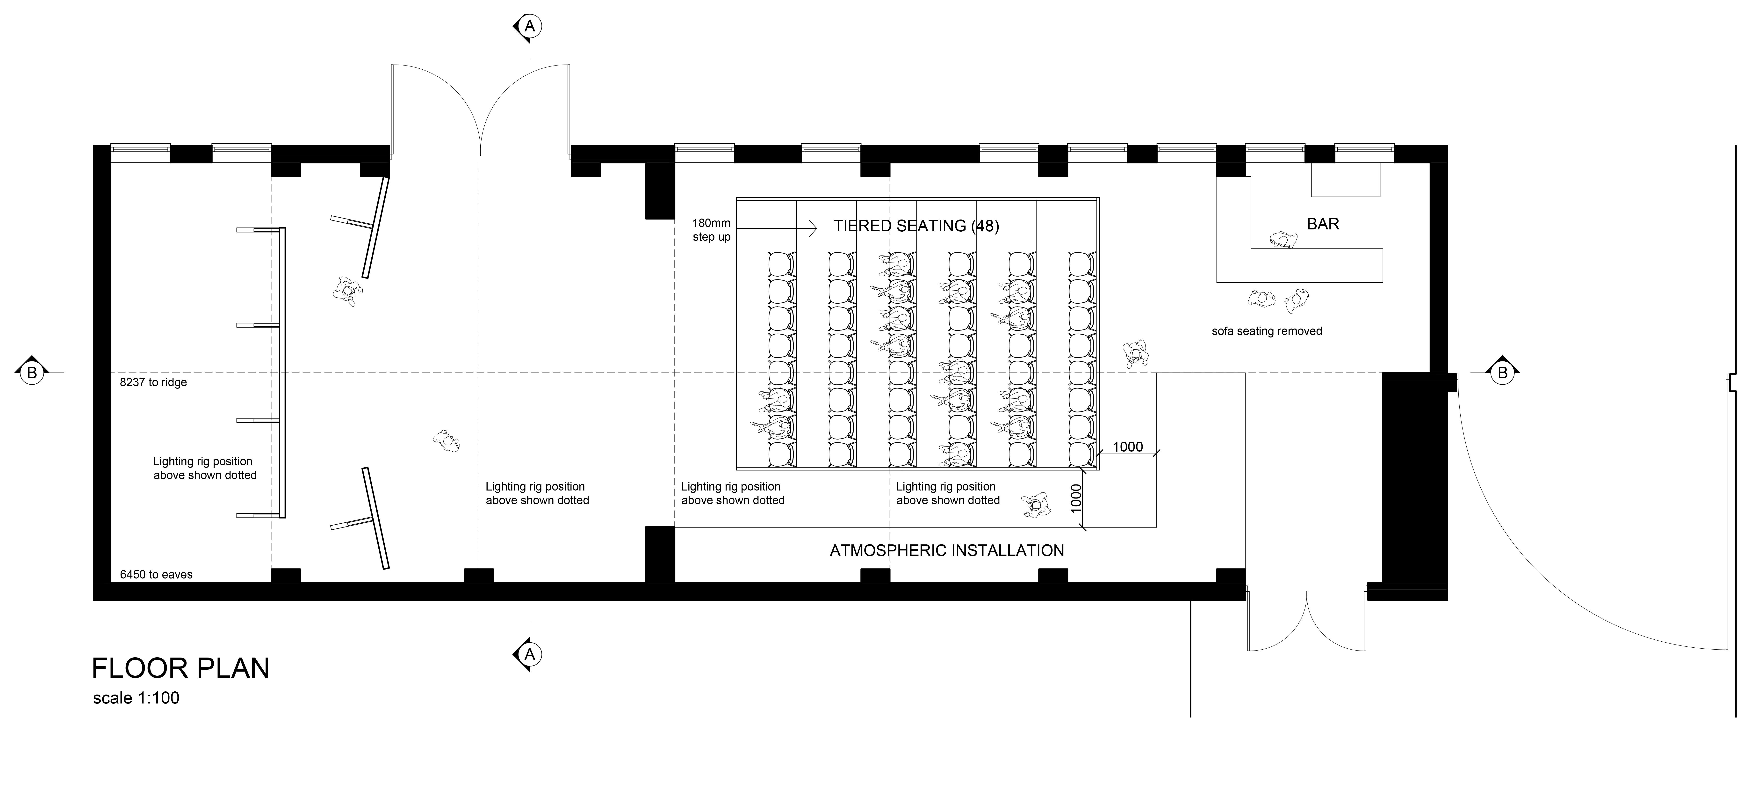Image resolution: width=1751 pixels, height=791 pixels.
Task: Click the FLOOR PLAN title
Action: (181, 669)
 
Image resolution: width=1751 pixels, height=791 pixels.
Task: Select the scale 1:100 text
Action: (136, 698)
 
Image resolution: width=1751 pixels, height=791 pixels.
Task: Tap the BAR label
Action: (1323, 224)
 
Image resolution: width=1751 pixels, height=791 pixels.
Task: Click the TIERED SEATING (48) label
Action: (916, 226)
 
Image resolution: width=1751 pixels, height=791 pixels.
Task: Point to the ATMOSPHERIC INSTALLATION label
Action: (947, 550)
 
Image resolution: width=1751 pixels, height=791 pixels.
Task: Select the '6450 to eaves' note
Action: (156, 575)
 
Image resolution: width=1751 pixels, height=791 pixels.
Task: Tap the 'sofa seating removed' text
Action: (1267, 331)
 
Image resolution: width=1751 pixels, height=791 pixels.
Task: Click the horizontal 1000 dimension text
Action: (1128, 447)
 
